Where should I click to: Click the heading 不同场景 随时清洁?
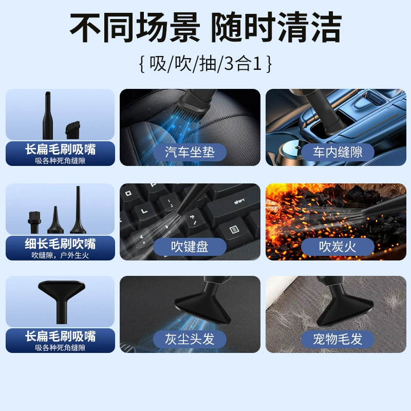tap(206, 27)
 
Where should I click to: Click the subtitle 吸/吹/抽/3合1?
tap(206, 64)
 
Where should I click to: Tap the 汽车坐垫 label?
tap(190, 152)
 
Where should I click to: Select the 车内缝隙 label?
tap(338, 152)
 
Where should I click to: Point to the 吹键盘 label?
tap(190, 247)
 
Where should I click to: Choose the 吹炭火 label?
tap(338, 247)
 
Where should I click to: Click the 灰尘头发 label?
tap(190, 339)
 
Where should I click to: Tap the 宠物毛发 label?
tap(338, 339)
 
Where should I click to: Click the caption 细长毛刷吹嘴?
tap(60, 244)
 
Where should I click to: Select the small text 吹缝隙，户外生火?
tap(60, 255)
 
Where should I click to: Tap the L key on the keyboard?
tap(144, 211)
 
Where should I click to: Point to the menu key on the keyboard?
tap(234, 230)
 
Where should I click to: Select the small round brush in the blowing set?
tap(34, 222)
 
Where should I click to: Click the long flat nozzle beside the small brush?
tap(48, 115)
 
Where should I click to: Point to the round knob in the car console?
tap(294, 148)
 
